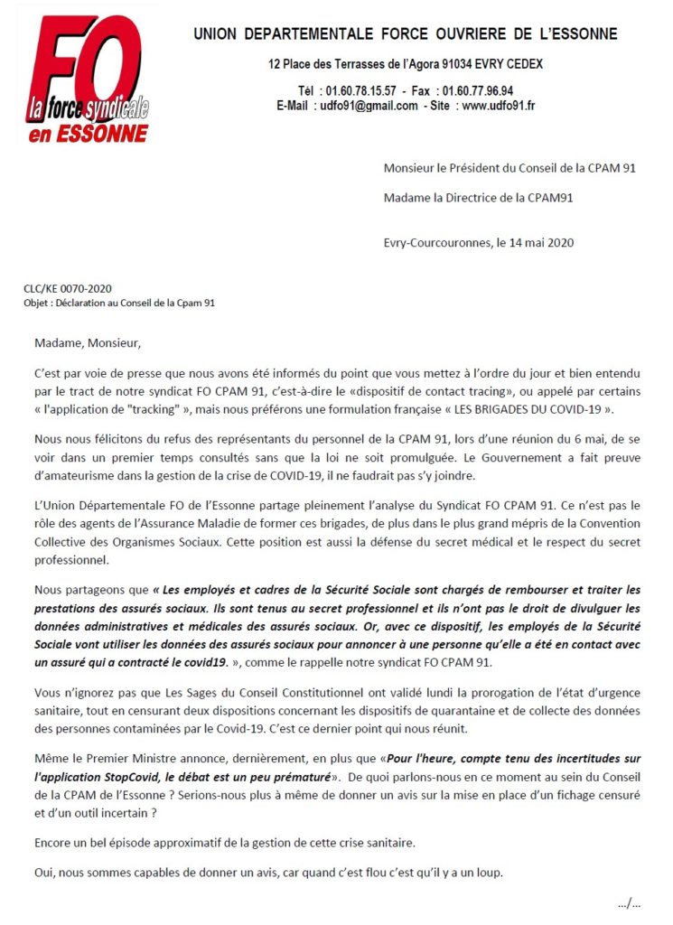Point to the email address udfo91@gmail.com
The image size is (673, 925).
[369, 106]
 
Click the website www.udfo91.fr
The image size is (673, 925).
[499, 106]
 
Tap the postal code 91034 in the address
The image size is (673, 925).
[435, 66]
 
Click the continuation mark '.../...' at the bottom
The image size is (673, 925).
[629, 902]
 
